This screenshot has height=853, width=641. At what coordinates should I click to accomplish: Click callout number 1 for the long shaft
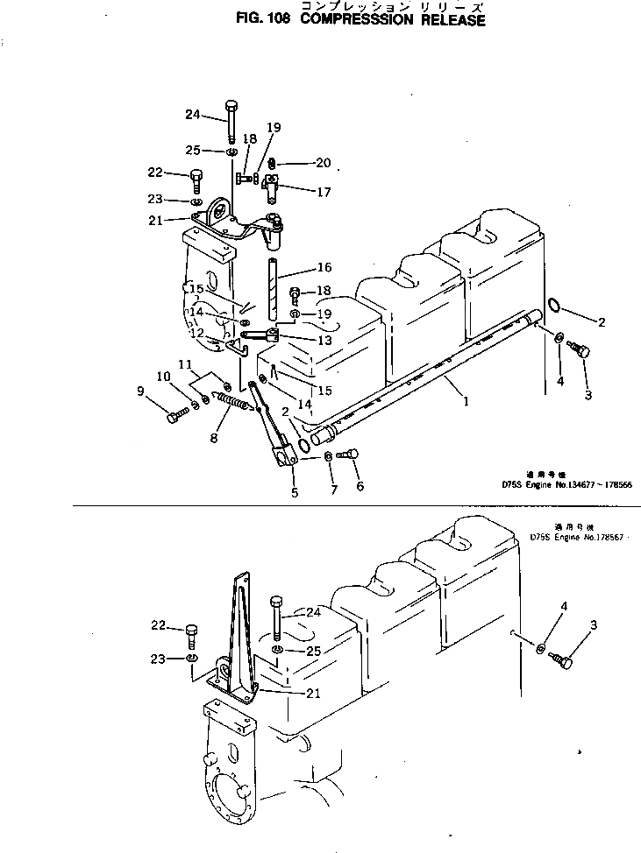point(466,402)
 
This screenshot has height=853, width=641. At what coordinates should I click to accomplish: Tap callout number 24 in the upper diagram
point(193,114)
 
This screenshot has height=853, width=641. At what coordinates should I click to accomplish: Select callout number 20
point(298,163)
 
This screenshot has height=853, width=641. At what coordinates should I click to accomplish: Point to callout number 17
point(299,192)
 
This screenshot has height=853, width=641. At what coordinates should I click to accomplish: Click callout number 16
point(300,267)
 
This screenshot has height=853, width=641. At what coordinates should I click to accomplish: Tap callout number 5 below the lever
point(294,492)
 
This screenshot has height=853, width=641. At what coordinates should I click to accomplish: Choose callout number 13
point(299,341)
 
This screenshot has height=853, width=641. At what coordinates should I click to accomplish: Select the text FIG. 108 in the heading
point(263,19)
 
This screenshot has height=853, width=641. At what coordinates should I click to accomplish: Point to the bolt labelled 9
point(174,417)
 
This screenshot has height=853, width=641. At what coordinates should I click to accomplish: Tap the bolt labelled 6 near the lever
point(348,455)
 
